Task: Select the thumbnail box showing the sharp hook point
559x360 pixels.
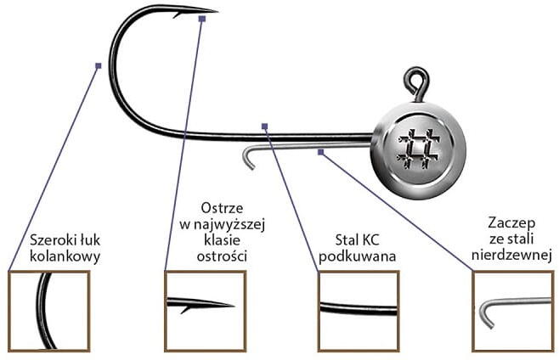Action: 205,311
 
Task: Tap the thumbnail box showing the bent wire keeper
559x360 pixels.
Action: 512,311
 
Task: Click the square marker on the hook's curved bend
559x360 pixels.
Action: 99,65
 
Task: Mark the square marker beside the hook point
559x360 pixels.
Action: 201,17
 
